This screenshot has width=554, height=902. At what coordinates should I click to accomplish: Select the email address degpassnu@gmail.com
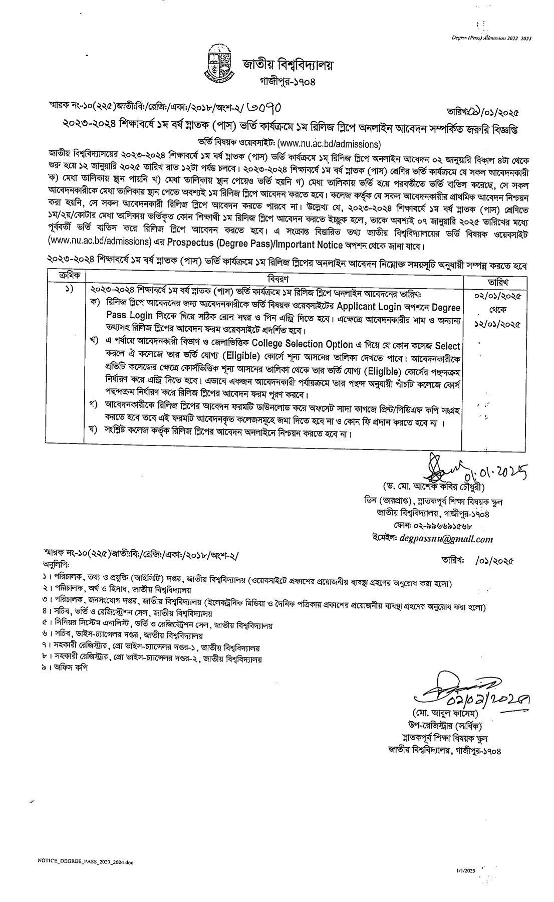444,539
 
